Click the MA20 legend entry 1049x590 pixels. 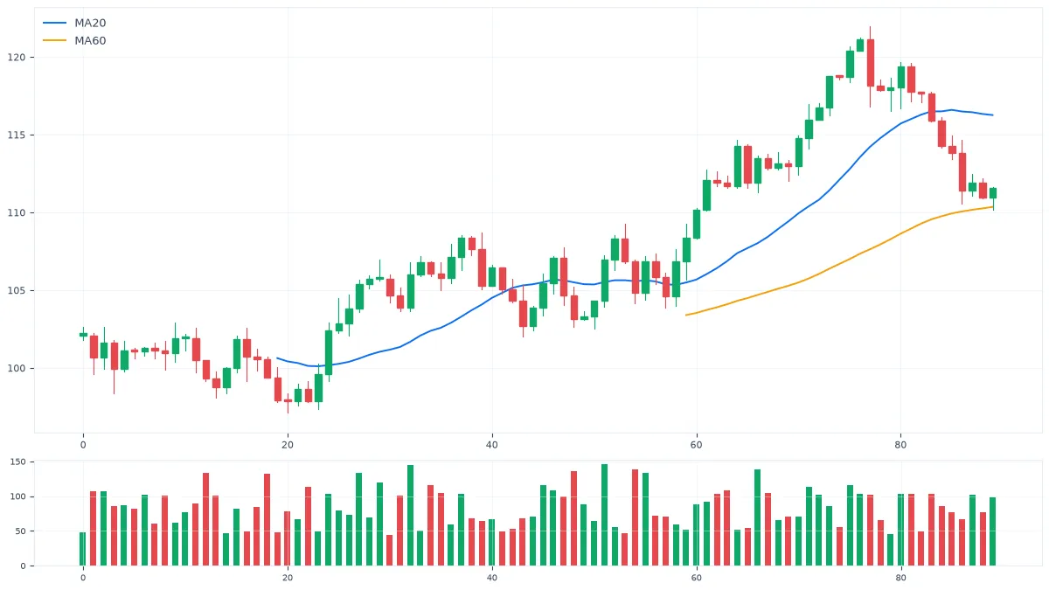74,23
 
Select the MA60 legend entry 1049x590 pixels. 74,41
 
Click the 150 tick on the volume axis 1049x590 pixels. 17,462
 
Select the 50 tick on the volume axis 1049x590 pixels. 20,531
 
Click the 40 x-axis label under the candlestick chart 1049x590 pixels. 491,445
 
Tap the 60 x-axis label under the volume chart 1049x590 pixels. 697,578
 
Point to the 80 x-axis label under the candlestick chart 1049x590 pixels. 900,445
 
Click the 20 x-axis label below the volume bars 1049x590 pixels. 288,578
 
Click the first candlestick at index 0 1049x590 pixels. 83,334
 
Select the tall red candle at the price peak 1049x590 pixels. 870,63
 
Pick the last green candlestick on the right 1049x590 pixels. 993,193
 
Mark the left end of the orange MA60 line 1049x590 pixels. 686,316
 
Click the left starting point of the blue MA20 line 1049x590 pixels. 277,358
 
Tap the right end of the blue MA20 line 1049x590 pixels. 993,115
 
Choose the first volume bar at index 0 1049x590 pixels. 83,549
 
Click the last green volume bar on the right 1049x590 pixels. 993,531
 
